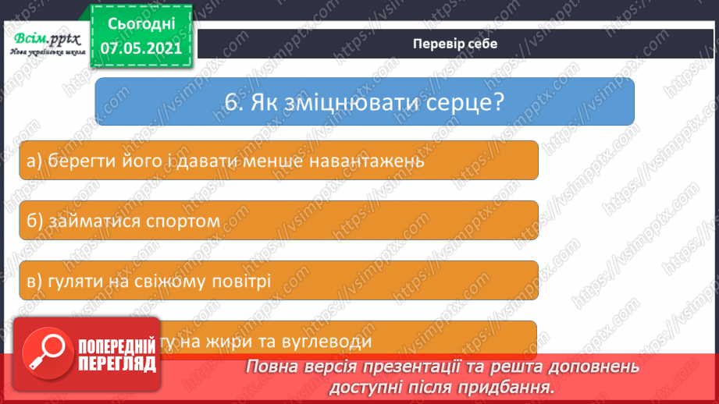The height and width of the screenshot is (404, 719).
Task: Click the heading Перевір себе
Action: (x=454, y=44)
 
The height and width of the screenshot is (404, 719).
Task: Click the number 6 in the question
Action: (x=228, y=101)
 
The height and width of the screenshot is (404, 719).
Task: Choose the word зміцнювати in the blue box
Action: (x=353, y=101)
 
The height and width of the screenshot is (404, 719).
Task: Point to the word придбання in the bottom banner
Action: (x=515, y=386)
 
